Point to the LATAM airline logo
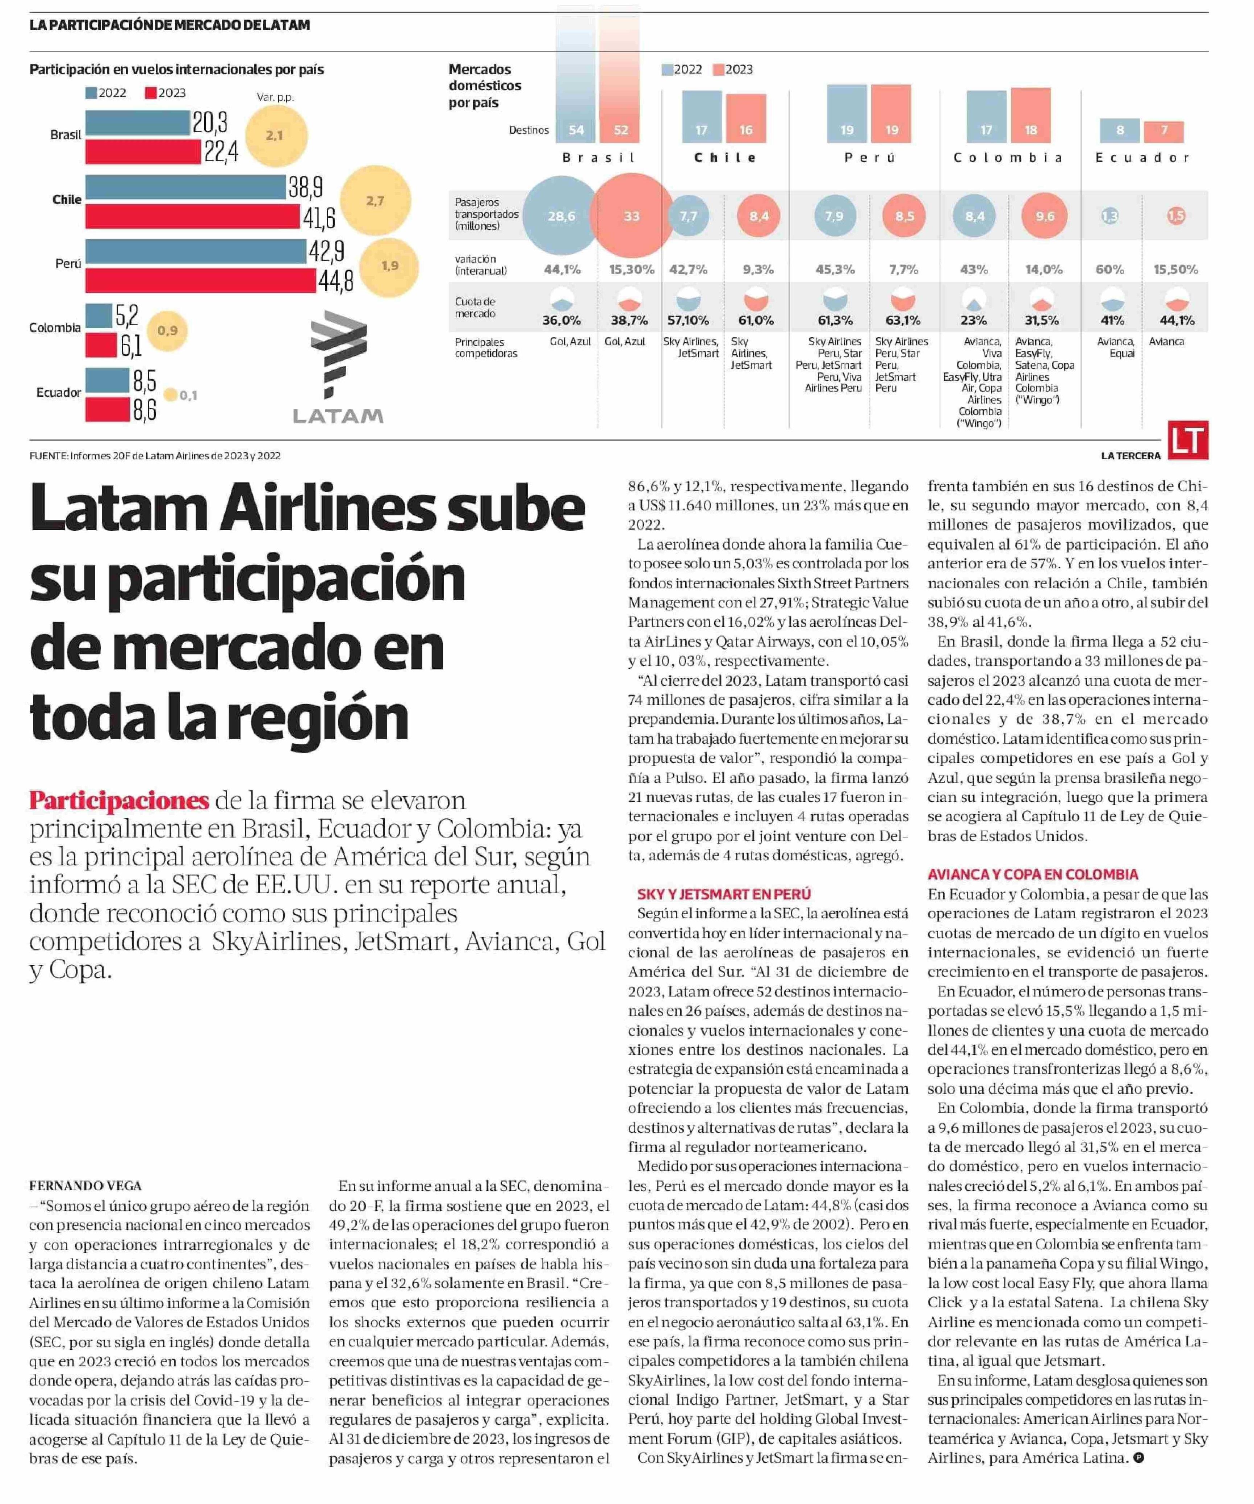click(338, 367)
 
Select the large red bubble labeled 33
click(632, 216)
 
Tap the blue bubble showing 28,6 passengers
click(561, 216)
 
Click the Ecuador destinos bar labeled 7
click(1164, 131)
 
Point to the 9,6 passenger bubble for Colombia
click(1045, 216)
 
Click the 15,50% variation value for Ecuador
click(1175, 269)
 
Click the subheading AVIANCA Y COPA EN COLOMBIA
click(1033, 874)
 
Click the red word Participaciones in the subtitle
click(119, 800)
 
